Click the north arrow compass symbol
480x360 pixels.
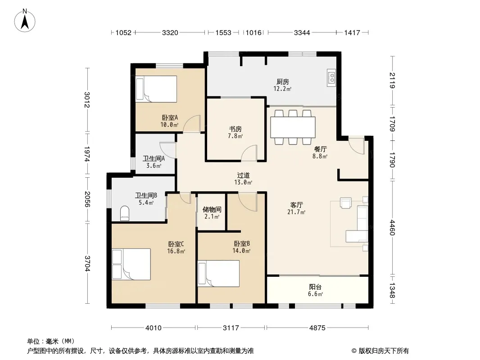coord(25,21)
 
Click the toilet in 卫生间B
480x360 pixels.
coord(125,213)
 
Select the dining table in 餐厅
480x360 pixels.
coord(293,127)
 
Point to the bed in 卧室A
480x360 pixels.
coord(156,89)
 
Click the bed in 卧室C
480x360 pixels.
coord(131,264)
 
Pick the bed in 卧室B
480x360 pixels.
coord(218,274)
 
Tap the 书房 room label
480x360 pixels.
coord(235,129)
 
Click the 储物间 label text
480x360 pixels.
coord(212,210)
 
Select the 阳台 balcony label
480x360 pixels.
coord(315,287)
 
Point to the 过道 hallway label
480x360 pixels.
coord(243,175)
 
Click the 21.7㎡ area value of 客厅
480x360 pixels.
coord(296,211)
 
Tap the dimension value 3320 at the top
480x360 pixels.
coord(170,32)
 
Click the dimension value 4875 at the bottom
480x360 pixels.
coord(317,328)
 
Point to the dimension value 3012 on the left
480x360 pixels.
coord(87,100)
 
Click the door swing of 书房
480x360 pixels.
coord(249,153)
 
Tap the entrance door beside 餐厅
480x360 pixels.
coord(356,146)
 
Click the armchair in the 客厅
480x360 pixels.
coord(346,203)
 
